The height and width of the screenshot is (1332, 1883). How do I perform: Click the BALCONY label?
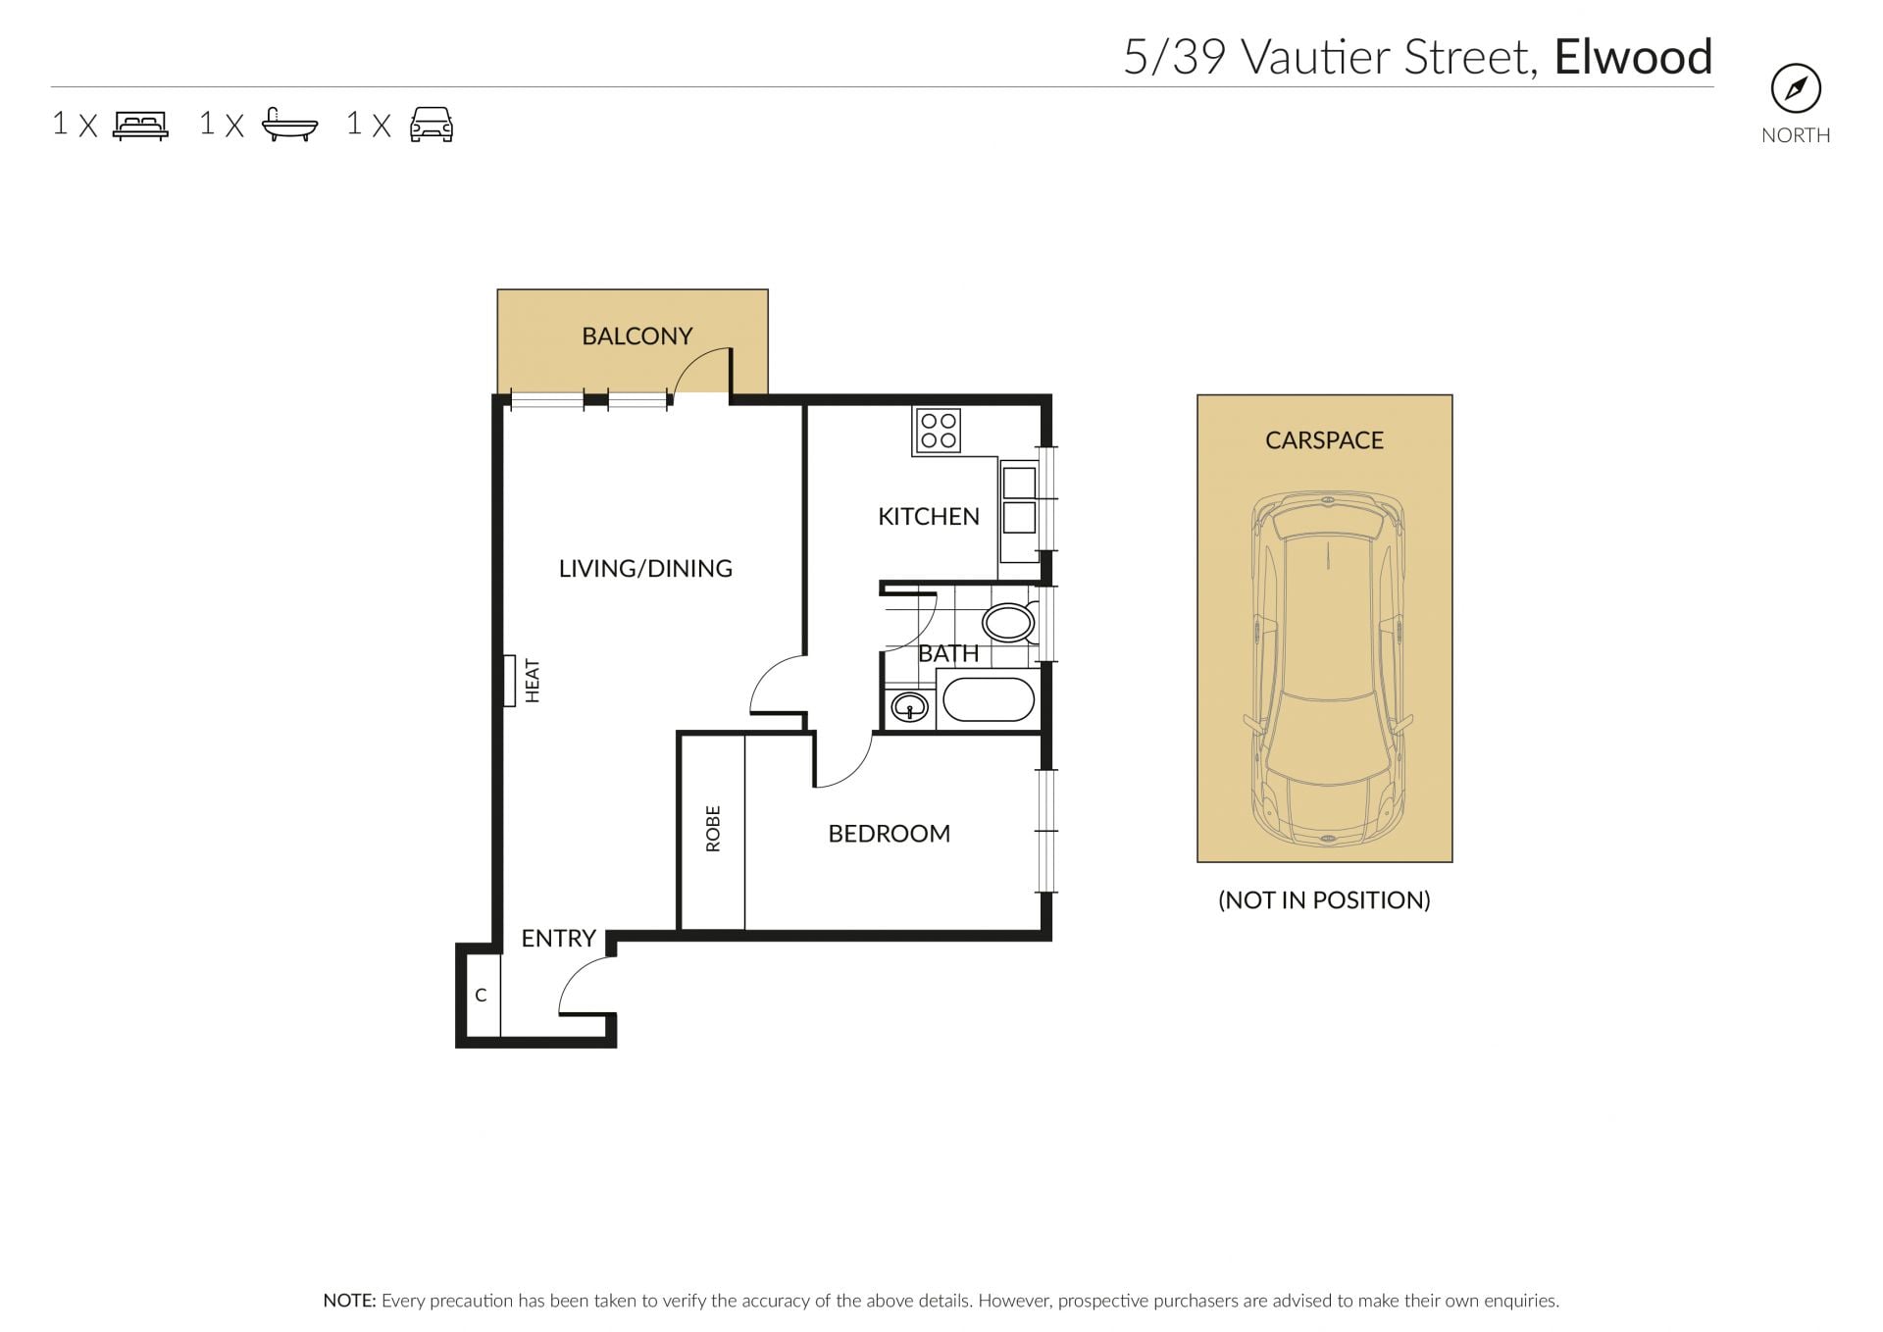coord(636,336)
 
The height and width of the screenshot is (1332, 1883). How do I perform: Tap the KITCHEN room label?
coord(928,517)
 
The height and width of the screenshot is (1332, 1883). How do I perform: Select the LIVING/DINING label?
coord(645,569)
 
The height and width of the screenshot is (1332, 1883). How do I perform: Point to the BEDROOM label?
coord(889,834)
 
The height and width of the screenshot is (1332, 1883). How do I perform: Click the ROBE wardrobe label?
coord(713,829)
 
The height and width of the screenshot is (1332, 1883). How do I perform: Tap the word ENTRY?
coord(558,939)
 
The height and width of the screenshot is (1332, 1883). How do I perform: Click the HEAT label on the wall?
coord(533,681)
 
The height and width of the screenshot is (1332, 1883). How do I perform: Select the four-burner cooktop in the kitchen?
coord(938,431)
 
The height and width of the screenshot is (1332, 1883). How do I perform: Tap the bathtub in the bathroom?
coord(988,700)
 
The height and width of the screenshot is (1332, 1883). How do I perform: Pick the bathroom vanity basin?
coord(909,706)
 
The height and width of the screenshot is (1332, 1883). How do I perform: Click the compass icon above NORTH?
coord(1796,89)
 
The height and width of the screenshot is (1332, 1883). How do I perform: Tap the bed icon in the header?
coord(141,126)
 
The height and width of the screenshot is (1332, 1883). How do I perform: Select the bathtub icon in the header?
coord(290,126)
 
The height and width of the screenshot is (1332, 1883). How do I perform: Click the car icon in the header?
coord(432,126)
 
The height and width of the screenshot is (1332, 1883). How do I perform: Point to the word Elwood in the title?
coord(1633,57)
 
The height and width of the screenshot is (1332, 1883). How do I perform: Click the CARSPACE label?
coord(1324,440)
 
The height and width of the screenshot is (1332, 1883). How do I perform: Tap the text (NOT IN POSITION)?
coord(1324,900)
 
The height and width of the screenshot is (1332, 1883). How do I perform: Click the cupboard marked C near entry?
coord(482,995)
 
